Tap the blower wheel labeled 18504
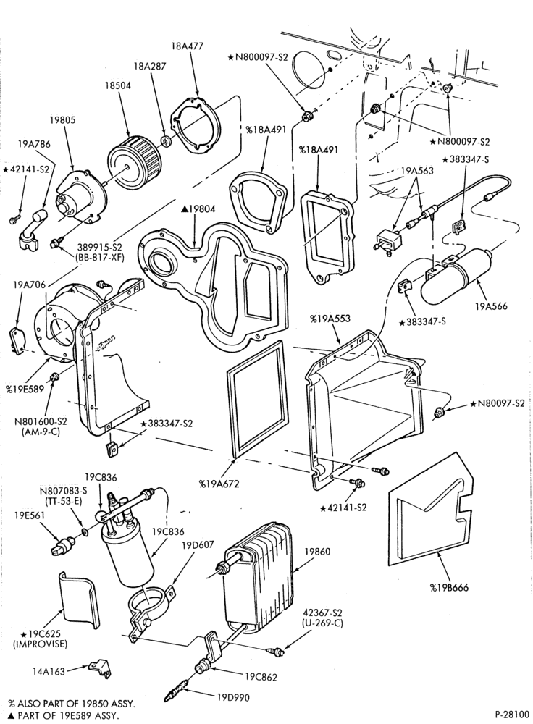(x=134, y=159)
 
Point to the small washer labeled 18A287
(x=166, y=140)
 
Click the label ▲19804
(x=198, y=210)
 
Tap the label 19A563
(x=417, y=171)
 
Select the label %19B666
(x=449, y=588)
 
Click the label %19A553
(x=330, y=319)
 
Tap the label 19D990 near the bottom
(x=233, y=698)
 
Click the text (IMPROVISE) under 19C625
(x=40, y=644)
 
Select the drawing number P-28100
(x=511, y=715)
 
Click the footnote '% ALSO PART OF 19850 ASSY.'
(x=72, y=704)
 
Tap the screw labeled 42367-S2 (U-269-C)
(x=276, y=652)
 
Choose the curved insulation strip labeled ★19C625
(x=78, y=599)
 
